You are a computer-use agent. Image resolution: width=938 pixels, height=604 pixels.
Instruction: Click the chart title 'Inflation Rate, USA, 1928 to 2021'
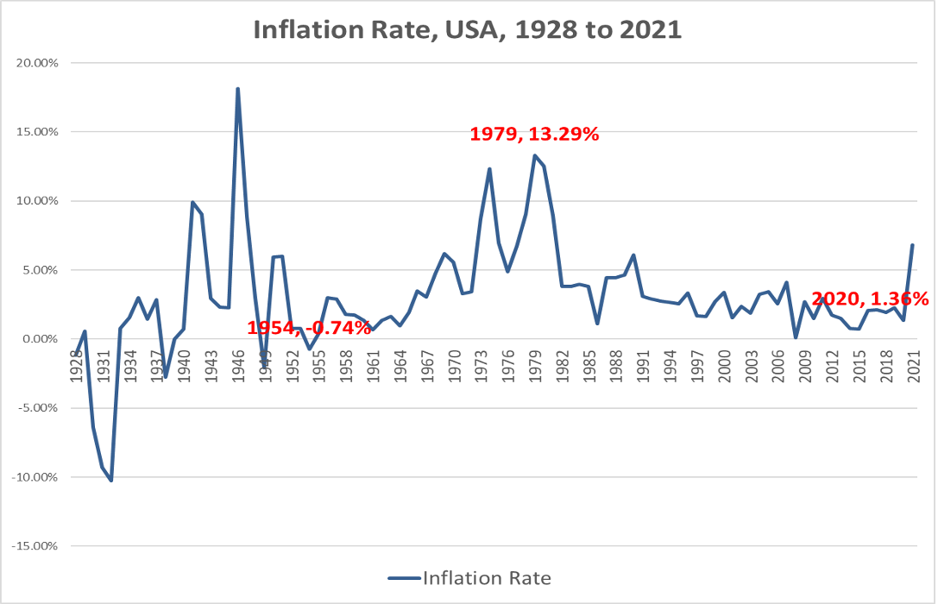(x=468, y=30)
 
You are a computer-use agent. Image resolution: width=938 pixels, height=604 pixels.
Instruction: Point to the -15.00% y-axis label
(x=35, y=546)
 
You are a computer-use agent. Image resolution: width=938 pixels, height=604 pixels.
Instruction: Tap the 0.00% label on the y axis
(x=40, y=339)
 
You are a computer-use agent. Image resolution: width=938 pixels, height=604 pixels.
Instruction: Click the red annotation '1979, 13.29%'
(x=533, y=135)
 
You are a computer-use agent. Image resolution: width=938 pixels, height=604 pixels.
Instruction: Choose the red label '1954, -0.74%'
(x=309, y=328)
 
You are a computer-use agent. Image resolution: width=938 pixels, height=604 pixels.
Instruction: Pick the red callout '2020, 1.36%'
(x=870, y=299)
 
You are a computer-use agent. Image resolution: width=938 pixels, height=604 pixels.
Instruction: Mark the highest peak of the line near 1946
(x=237, y=89)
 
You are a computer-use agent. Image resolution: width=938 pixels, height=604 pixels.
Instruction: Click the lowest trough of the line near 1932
(x=111, y=480)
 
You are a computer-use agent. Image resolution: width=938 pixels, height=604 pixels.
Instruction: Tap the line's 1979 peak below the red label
(x=534, y=156)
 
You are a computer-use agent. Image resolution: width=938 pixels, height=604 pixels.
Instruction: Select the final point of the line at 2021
(x=912, y=245)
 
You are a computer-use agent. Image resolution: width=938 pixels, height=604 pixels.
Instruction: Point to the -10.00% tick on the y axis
(x=35, y=477)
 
